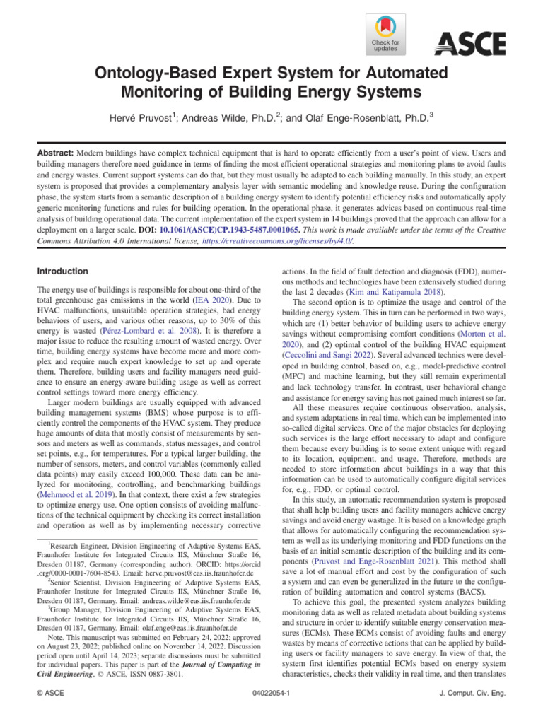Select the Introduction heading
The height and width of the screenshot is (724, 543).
[x=62, y=271]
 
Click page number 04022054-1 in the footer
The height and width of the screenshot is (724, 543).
[x=271, y=694]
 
